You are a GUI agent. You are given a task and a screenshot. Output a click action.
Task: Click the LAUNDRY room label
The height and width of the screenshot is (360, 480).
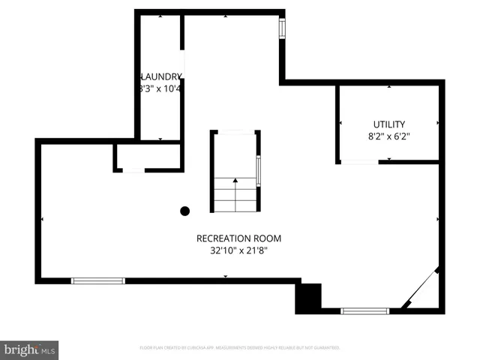[x=160, y=76]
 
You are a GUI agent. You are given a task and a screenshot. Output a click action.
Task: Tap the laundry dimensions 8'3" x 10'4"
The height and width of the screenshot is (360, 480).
[x=160, y=88]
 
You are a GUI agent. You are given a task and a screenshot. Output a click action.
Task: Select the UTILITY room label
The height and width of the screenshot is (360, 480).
[x=388, y=124]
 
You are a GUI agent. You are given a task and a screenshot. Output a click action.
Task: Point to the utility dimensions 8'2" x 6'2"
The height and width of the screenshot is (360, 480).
[x=388, y=136]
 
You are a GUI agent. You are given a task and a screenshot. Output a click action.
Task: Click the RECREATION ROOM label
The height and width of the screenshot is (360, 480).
[x=238, y=238]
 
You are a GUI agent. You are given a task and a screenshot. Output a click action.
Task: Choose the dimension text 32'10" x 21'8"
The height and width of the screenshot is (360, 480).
[x=238, y=251]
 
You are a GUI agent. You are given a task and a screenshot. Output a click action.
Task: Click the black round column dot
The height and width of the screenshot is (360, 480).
[x=184, y=211]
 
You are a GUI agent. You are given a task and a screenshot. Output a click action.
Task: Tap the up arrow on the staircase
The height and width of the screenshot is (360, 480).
[x=235, y=181]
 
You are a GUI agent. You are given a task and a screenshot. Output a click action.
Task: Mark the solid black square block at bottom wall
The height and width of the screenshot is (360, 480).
[x=308, y=298]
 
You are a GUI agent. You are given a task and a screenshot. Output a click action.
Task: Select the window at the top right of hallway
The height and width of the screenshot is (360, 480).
[x=283, y=28]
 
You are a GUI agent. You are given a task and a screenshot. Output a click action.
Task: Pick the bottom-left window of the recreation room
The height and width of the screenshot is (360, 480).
[x=97, y=281]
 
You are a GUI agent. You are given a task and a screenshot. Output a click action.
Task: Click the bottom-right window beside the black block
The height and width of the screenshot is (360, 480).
[x=365, y=310]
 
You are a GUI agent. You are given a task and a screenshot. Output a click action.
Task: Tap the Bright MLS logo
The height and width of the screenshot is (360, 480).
[x=30, y=349]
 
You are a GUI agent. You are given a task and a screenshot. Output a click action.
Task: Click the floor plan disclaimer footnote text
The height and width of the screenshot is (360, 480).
[x=240, y=348]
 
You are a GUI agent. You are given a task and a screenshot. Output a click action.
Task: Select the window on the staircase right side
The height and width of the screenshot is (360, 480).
[x=259, y=170]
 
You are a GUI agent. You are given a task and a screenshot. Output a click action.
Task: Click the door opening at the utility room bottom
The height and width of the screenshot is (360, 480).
[x=358, y=161]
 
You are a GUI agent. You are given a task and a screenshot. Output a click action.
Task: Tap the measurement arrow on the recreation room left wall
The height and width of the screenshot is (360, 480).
[x=43, y=219]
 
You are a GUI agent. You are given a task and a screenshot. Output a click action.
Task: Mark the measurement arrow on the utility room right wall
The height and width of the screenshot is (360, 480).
[x=436, y=122]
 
